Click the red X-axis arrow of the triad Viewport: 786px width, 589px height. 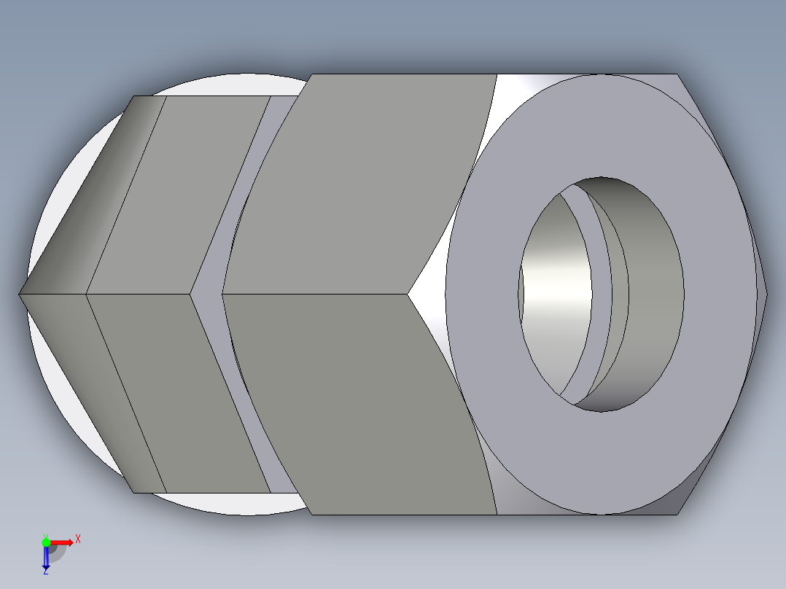tap(61, 542)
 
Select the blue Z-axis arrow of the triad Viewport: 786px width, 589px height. tap(46, 558)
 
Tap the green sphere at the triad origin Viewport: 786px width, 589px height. tap(46, 542)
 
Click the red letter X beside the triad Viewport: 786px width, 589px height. tap(77, 539)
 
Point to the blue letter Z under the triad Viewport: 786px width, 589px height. tap(45, 572)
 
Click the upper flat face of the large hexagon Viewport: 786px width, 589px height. tap(365, 182)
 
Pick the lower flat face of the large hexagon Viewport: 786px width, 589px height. tap(365, 401)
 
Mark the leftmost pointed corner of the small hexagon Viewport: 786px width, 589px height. tap(20, 294)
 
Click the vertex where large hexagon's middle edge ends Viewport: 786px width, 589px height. tap(408, 294)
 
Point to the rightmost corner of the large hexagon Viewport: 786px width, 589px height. tap(766, 294)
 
